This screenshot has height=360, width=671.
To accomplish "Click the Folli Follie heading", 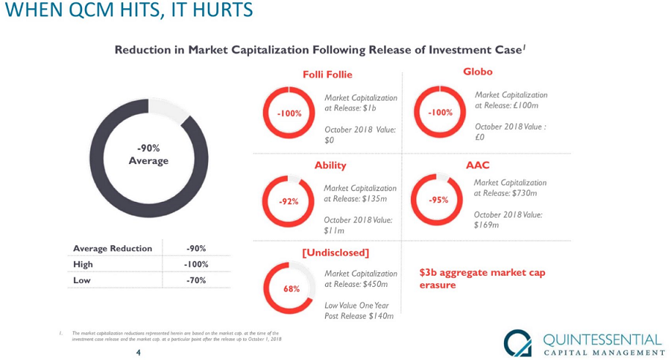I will [x=327, y=75].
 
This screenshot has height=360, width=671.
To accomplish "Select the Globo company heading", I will [x=478, y=72].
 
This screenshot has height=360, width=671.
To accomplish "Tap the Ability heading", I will [x=330, y=165].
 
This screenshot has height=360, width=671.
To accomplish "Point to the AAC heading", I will [x=478, y=165].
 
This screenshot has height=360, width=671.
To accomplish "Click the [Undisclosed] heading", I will [x=335, y=252].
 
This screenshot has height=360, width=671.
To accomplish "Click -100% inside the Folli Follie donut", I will [x=289, y=113].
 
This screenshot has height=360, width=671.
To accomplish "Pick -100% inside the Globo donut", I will [x=440, y=113].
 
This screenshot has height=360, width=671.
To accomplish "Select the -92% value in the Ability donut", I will [x=289, y=202].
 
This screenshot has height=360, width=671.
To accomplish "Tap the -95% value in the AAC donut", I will [x=438, y=200].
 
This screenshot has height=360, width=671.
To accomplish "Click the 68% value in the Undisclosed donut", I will [x=291, y=288].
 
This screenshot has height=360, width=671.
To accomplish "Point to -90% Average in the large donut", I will [x=148, y=154].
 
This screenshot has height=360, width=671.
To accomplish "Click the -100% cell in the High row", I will [x=195, y=265].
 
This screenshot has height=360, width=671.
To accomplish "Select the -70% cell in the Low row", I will [x=195, y=280].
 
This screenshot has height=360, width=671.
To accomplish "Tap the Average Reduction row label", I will [x=113, y=248].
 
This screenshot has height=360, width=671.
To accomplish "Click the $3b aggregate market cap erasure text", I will [x=482, y=279].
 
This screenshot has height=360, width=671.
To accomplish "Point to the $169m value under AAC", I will [x=486, y=225].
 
